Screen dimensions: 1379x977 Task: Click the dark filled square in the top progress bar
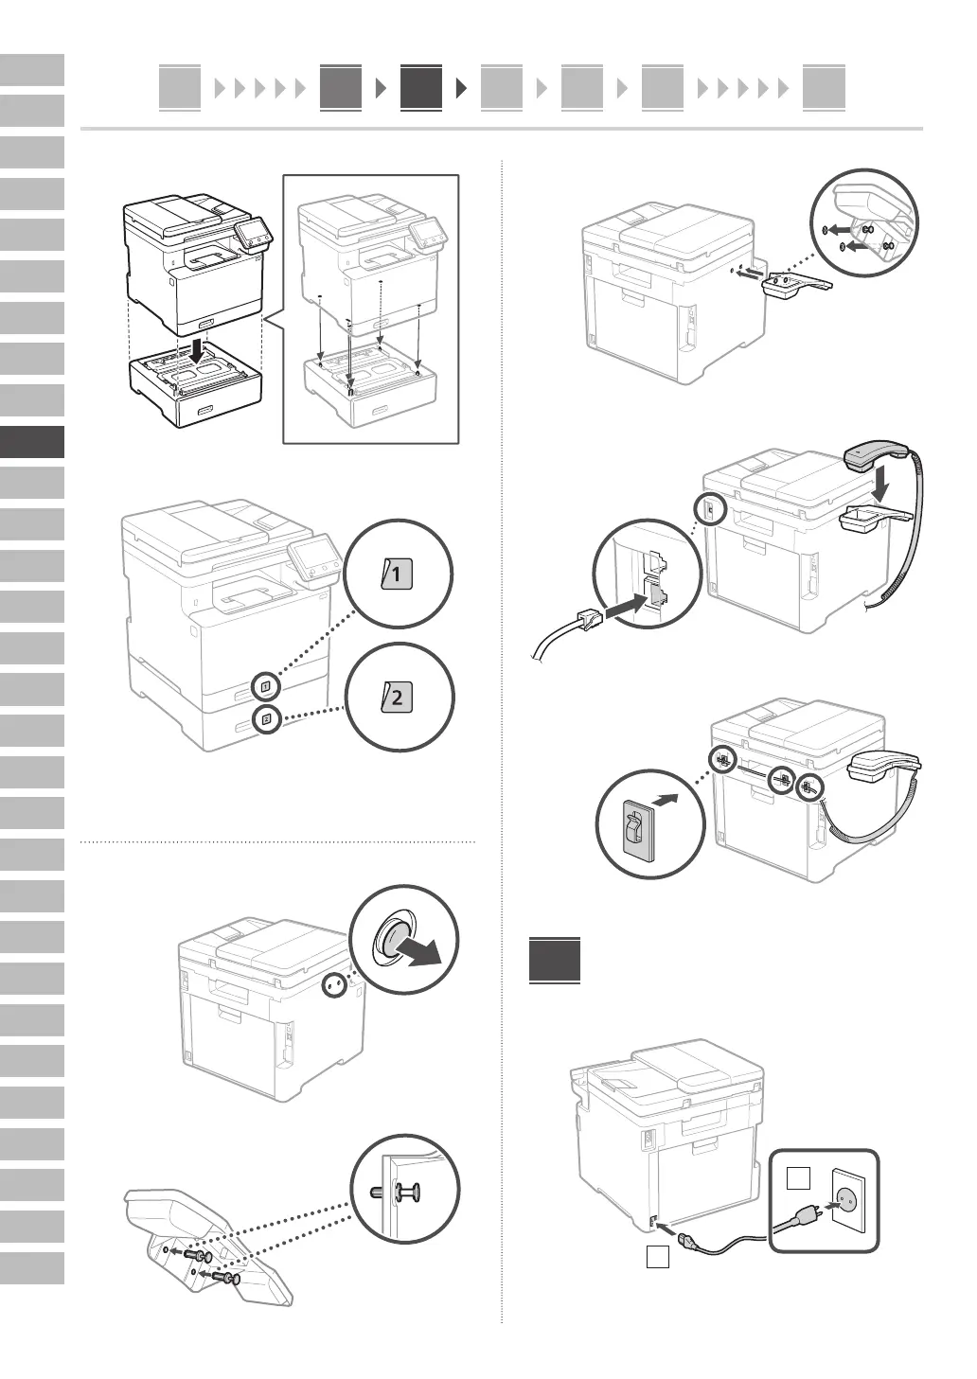click(x=420, y=88)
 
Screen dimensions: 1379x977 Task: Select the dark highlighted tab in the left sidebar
click(x=32, y=442)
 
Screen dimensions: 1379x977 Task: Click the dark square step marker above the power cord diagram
click(x=555, y=959)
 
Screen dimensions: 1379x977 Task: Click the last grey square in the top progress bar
click(x=823, y=88)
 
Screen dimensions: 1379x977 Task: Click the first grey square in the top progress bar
click(x=180, y=88)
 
